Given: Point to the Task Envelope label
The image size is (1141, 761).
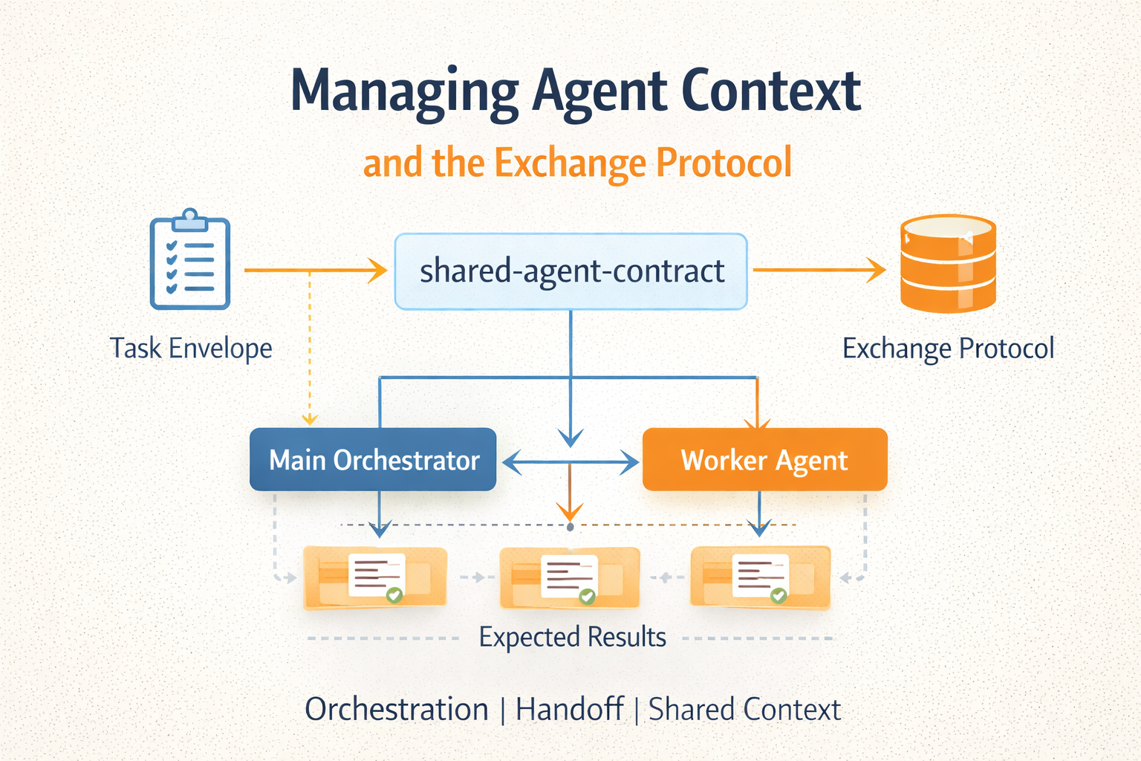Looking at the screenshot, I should pos(191,348).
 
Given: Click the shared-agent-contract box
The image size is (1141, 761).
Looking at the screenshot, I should pos(570,271).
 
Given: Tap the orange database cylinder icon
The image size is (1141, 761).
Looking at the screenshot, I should pos(948,263).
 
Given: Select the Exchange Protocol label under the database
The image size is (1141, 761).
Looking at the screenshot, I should pos(948,348).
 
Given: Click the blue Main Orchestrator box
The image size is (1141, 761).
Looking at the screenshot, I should pos(373,459).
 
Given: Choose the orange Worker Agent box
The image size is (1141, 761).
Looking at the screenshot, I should pos(764,459).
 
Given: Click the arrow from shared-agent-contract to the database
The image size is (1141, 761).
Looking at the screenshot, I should pos(817,271).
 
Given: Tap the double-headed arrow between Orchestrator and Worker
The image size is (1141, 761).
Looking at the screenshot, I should pos(570,464).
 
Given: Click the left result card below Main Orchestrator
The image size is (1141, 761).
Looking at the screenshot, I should pos(375,578).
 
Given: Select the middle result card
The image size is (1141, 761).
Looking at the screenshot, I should pos(570,578).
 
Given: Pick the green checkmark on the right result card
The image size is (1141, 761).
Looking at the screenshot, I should pos(778,595).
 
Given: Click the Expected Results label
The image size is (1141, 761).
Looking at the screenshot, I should pos(572,637).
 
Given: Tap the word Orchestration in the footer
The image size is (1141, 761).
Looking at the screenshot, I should pos(397,709).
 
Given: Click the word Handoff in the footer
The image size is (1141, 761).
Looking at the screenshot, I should pos(569,709).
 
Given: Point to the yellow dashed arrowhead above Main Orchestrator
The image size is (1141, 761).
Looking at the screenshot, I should pos(310,420).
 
